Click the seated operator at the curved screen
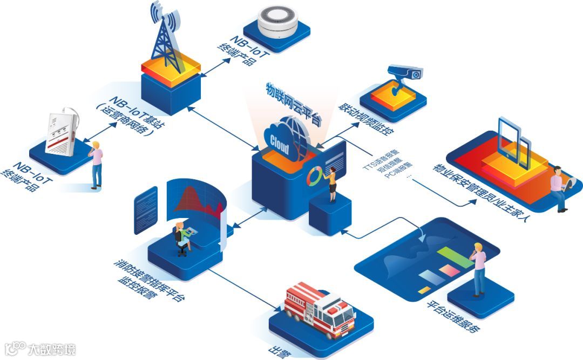(x=181, y=237)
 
